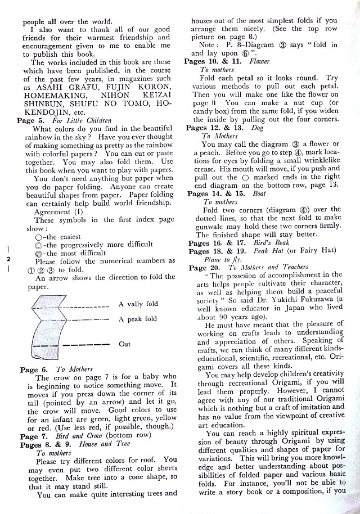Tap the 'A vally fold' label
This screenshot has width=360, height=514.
[138, 304]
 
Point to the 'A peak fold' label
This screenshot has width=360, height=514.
[138, 319]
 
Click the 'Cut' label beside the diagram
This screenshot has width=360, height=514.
[125, 344]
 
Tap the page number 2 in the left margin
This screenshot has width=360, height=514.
[8, 260]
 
